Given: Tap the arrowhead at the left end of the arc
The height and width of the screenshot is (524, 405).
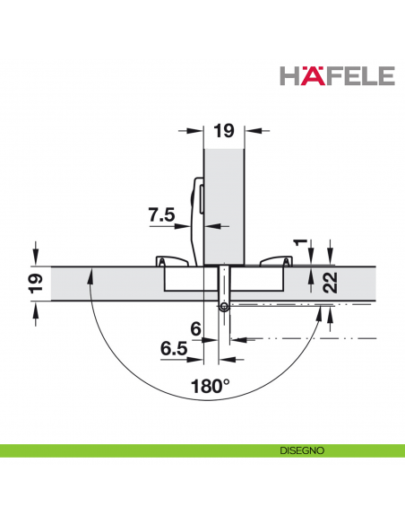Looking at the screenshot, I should click(x=89, y=274).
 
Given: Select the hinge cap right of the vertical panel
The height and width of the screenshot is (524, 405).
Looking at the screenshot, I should click(x=273, y=261).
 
